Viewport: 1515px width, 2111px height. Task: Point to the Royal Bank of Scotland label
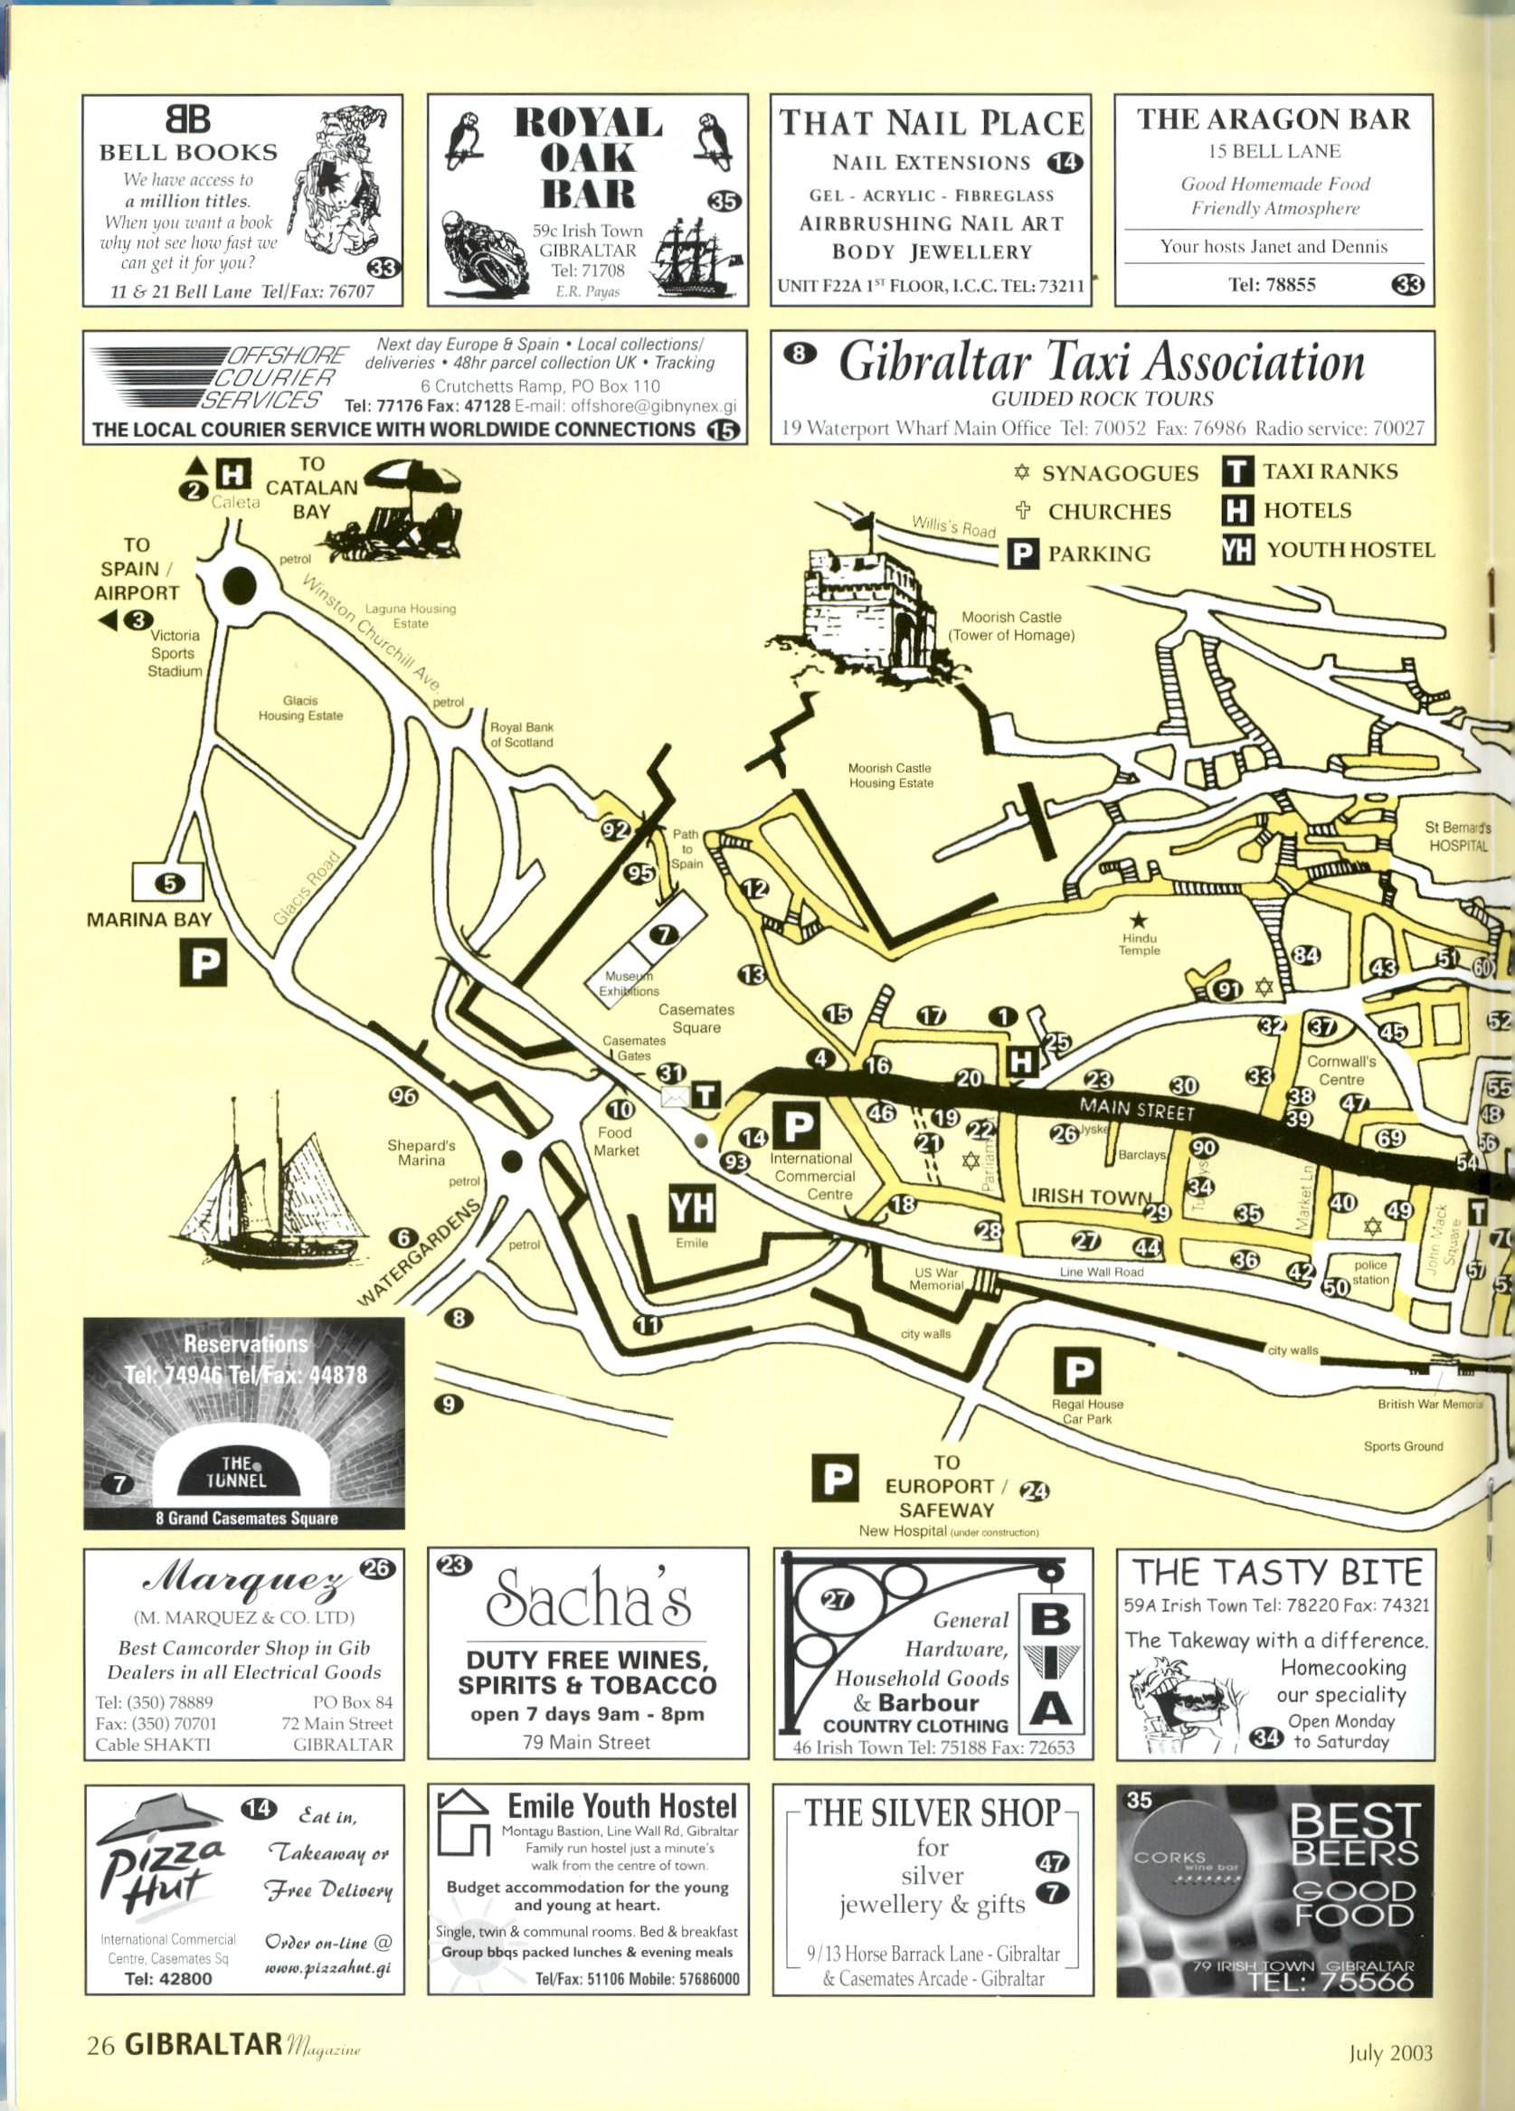521,734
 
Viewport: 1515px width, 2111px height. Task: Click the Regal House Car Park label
1087,1411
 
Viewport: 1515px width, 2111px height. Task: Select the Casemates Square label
696,1018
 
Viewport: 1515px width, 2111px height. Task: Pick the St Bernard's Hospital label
1457,837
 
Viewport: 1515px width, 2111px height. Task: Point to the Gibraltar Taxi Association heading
1101,361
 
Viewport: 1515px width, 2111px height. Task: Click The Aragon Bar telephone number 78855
1272,285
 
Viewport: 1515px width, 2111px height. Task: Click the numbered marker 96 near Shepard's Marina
403,1096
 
